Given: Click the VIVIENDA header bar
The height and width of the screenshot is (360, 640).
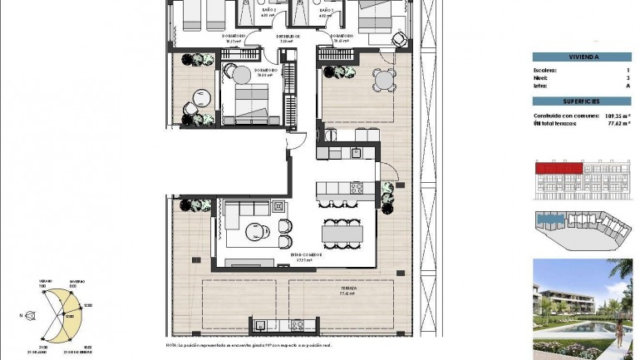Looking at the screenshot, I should [x=582, y=57].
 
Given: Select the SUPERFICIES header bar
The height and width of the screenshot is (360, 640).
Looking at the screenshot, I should [x=582, y=100].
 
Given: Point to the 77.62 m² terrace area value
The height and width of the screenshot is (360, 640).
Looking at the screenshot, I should [x=616, y=122].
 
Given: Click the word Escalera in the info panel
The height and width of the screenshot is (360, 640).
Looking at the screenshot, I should [x=546, y=71].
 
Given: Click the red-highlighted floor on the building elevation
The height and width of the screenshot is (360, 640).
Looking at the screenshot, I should [x=557, y=169].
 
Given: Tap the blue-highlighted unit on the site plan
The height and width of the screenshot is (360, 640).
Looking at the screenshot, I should [x=549, y=221].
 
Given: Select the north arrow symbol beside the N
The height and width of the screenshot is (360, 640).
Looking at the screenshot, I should [x=32, y=316].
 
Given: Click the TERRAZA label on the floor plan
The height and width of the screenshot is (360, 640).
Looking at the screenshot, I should [x=348, y=288].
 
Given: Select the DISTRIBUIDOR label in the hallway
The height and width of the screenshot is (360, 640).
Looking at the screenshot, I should [x=288, y=37].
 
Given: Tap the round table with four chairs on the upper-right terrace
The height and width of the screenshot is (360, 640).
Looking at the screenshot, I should [x=383, y=81].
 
